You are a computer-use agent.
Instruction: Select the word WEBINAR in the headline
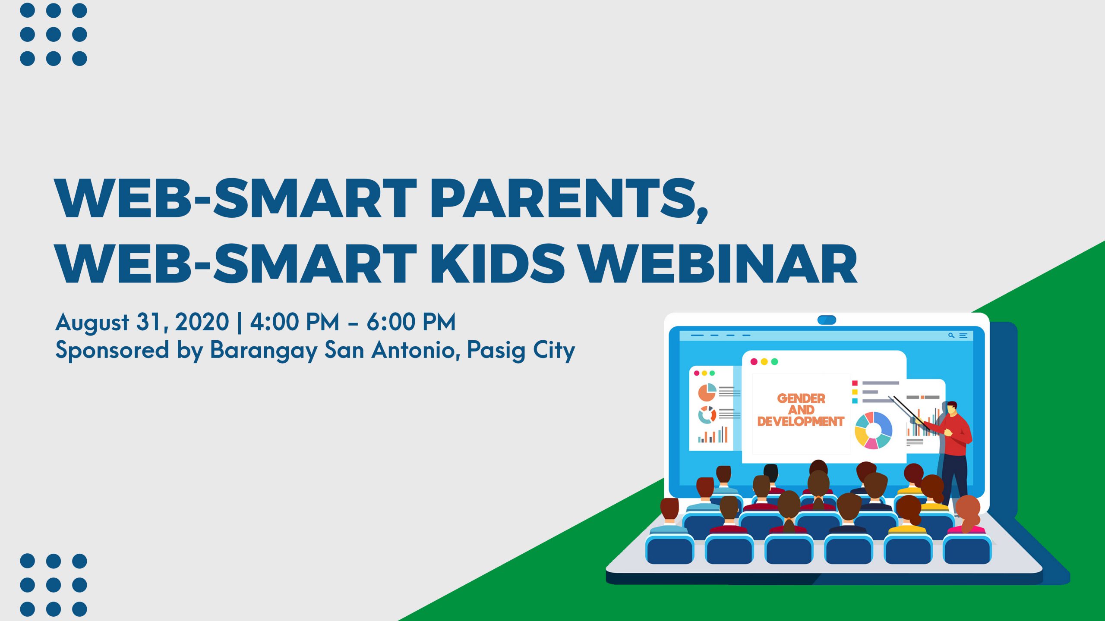[x=718, y=263]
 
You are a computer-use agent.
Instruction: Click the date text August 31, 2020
[x=142, y=322]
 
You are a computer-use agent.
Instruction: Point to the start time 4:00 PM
[x=295, y=322]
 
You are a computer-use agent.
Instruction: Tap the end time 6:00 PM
[x=411, y=322]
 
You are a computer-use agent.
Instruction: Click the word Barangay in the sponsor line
[x=263, y=350]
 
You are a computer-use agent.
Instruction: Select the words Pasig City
[x=521, y=350]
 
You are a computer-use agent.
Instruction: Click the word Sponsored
[x=112, y=350]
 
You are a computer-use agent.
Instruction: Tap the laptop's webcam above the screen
[x=827, y=320]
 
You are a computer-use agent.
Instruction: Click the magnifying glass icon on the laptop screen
[x=951, y=335]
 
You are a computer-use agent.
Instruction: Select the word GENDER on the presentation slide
[x=801, y=398]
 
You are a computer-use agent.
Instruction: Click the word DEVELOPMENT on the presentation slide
[x=801, y=421]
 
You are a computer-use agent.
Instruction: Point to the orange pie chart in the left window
[x=707, y=392]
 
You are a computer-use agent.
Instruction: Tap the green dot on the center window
[x=774, y=361]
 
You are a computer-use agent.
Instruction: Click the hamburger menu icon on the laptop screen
[x=963, y=335]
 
